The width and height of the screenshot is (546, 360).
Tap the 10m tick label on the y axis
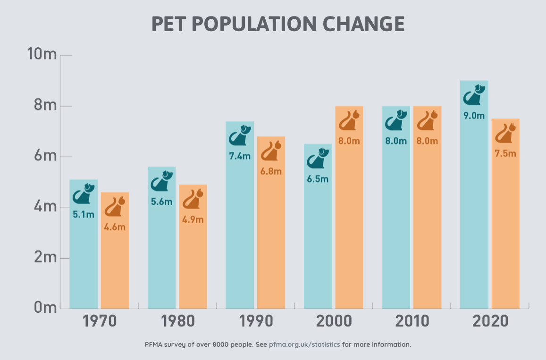(42, 55)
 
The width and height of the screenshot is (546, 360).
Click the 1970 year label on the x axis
(100, 322)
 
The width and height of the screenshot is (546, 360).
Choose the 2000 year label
(334, 322)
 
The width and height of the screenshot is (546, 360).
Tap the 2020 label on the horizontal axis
(490, 322)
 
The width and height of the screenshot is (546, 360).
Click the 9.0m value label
(474, 116)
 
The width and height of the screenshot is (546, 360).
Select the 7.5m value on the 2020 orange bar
(505, 154)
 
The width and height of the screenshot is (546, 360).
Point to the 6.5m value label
(318, 179)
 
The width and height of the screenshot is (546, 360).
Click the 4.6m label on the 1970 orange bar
(115, 227)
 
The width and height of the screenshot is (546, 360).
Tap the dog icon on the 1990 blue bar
(241, 136)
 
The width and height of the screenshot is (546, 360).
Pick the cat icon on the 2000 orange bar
(350, 121)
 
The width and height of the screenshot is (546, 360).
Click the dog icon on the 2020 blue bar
(474, 95)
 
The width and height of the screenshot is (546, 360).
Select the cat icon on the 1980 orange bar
(193, 199)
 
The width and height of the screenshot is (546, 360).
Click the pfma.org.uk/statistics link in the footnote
(304, 344)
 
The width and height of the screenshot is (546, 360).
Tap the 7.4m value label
(240, 156)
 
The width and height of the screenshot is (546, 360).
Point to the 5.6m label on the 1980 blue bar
(161, 202)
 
